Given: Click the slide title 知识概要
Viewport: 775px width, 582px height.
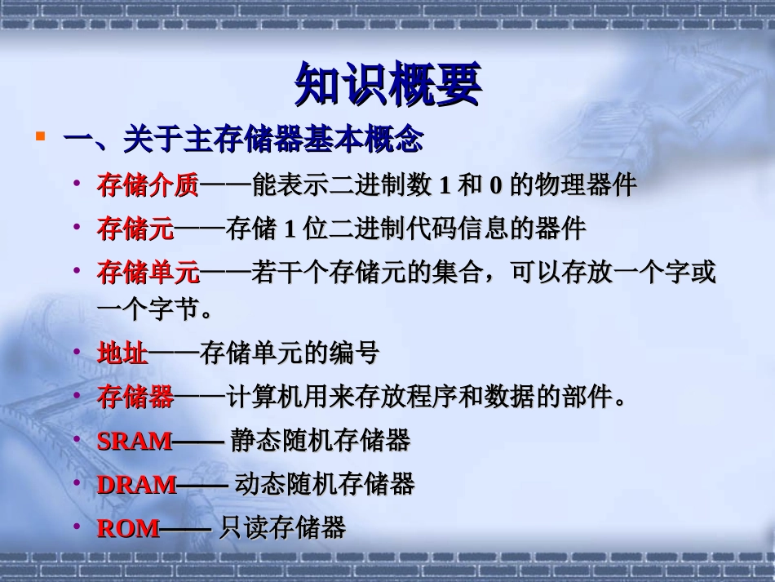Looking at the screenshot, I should (387, 84).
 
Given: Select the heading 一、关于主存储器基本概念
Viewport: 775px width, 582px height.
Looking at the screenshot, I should (243, 140).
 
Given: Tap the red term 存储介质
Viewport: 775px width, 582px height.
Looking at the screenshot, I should (148, 185).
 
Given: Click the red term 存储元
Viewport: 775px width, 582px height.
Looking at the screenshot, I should (135, 229).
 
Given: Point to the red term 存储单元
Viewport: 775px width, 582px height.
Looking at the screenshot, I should (148, 273).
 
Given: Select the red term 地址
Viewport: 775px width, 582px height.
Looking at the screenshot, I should (122, 353).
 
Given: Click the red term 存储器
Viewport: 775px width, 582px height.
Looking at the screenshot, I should (135, 398).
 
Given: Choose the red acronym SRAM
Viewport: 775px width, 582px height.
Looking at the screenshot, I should (135, 442).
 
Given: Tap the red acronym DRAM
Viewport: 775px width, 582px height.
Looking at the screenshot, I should (136, 485).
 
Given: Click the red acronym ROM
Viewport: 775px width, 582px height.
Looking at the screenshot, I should (128, 529).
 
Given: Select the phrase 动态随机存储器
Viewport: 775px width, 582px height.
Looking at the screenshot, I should (325, 485).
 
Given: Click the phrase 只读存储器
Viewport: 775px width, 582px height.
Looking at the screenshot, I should (282, 529).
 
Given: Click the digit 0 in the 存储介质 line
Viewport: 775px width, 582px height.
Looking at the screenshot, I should (495, 186).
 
